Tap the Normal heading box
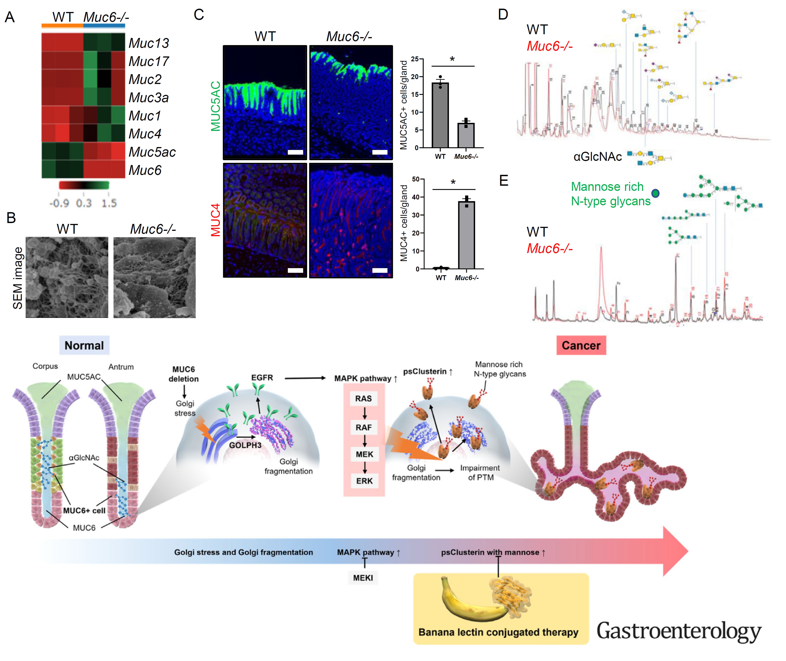pyautogui.click(x=84, y=345)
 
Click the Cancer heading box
pyautogui.click(x=581, y=345)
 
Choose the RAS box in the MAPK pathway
pyautogui.click(x=363, y=398)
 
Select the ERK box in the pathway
pyautogui.click(x=364, y=481)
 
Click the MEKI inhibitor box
pyautogui.click(x=363, y=578)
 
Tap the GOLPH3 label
pyautogui.click(x=245, y=445)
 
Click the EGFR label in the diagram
pyautogui.click(x=262, y=377)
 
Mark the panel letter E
pyautogui.click(x=504, y=181)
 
